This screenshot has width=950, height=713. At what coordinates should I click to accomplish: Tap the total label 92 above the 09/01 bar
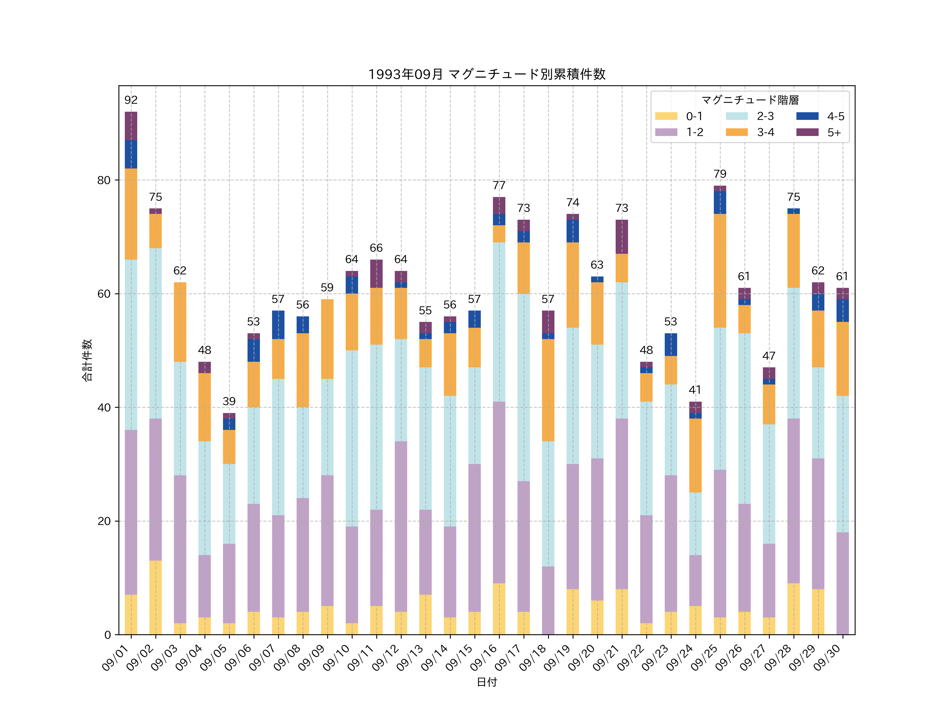[131, 100]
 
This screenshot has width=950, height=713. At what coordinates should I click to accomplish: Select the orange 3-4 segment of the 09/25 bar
[720, 271]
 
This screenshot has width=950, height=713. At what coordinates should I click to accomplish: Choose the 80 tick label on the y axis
[104, 180]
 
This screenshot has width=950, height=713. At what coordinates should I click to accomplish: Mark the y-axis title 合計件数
[87, 360]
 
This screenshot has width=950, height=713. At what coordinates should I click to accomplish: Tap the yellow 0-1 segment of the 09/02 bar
[155, 597]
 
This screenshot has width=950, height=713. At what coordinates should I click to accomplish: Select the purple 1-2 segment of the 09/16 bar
[499, 492]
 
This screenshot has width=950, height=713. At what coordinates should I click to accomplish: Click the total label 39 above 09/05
[229, 401]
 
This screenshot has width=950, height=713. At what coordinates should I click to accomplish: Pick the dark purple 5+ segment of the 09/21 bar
[621, 237]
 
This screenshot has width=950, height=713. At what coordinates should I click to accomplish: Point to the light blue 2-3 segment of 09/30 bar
[843, 464]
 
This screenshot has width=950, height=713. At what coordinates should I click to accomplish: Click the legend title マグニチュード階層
[750, 100]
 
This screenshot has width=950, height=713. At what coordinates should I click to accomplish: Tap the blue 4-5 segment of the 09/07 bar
[278, 325]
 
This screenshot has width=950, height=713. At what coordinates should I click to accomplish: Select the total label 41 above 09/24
[695, 390]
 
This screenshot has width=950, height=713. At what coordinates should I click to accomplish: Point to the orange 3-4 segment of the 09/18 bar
[548, 390]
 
